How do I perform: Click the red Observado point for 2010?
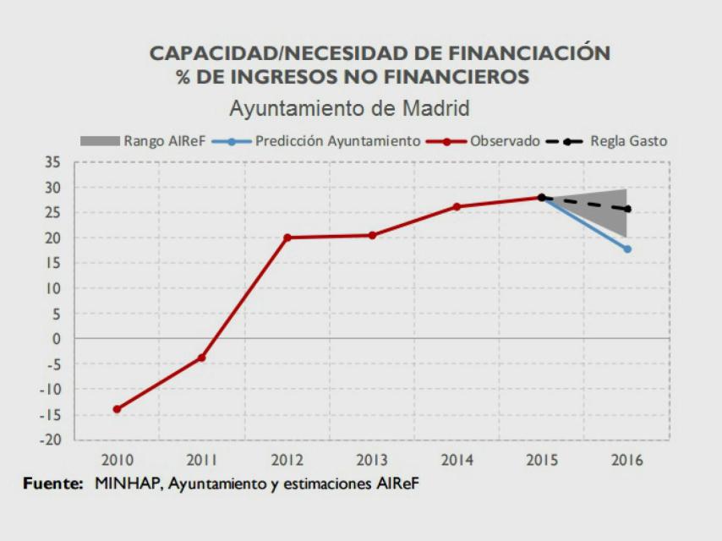[x=117, y=409]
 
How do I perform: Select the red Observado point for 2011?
[x=201, y=358]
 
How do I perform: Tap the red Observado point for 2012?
[x=287, y=238]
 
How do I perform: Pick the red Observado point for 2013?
[x=372, y=235]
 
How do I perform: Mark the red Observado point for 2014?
[x=457, y=206]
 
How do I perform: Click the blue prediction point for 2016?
[x=626, y=249]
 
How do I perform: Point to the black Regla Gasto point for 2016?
[x=626, y=209]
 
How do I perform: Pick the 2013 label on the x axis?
[x=372, y=460]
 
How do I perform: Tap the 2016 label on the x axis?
[x=626, y=460]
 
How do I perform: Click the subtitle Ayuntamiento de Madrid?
[x=349, y=110]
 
